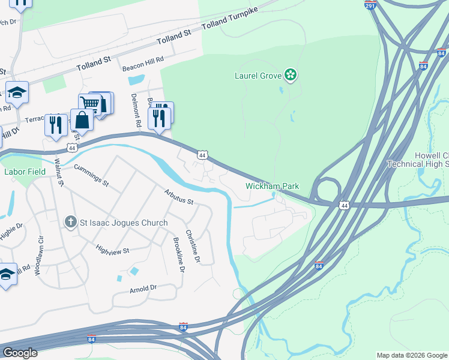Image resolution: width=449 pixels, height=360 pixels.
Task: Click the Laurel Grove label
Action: tap(258, 75)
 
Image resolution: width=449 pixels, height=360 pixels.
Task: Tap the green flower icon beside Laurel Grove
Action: tap(291, 75)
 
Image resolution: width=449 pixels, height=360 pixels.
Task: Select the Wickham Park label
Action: tap(272, 187)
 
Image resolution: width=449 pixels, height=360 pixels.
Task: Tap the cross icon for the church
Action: tap(70, 223)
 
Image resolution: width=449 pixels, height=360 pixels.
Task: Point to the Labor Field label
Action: tap(22, 172)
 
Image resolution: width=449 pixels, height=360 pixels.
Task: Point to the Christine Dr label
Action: tap(191, 246)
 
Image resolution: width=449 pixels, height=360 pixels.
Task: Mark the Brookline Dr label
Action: tap(178, 255)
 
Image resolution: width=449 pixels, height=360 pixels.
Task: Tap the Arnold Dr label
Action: tap(143, 289)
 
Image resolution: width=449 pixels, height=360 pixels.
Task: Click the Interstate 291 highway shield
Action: tap(370, 5)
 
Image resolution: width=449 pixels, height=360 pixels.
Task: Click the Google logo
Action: tap(20, 353)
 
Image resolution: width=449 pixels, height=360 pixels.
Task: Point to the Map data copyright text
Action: tap(412, 355)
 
